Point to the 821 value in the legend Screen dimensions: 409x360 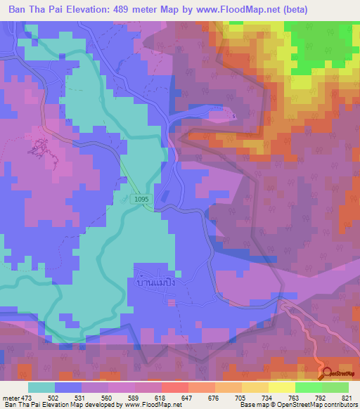coord(347,397)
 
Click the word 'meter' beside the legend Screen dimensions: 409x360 coord(11,397)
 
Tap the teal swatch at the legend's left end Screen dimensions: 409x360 coord(41,387)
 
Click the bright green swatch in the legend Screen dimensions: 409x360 coord(309,387)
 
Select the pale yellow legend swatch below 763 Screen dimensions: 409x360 coord(282,387)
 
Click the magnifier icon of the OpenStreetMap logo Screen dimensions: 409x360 coord(326,373)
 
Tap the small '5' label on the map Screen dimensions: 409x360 coord(234,115)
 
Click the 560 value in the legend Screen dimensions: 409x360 coord(107,397)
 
